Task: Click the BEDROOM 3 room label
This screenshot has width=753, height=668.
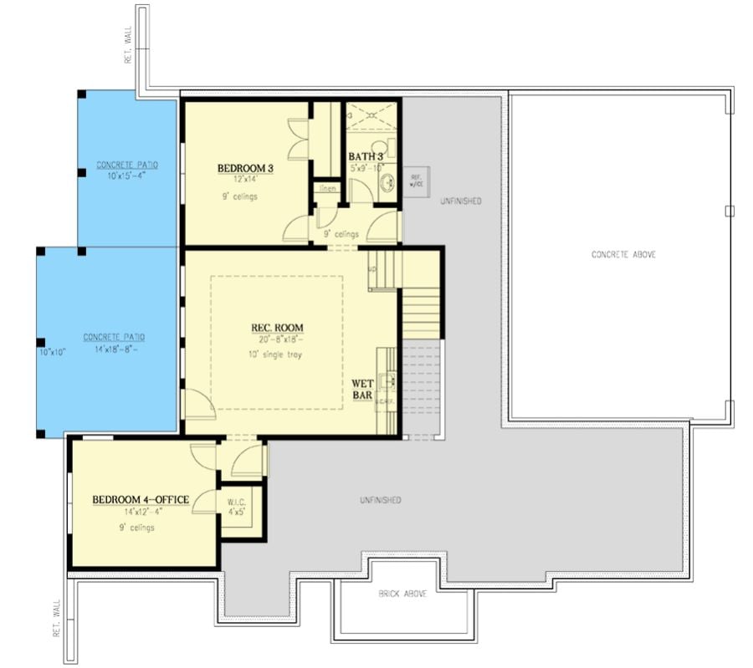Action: coord(246,168)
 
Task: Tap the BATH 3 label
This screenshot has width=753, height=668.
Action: coord(366,156)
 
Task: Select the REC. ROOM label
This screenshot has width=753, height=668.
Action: coord(277,327)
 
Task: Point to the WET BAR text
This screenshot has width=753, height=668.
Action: coord(361,390)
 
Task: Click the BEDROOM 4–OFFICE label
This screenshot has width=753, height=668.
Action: coord(140,500)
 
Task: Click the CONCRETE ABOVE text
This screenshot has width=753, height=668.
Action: coord(623,254)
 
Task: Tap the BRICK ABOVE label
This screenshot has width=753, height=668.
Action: coord(402,594)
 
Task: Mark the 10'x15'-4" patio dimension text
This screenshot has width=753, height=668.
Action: coord(126,176)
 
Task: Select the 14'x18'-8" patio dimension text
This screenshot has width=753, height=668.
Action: coord(114,350)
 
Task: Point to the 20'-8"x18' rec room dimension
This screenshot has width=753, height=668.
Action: coord(277,339)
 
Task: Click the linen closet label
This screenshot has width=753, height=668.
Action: coord(326,189)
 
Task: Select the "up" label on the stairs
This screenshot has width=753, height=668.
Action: coord(372,269)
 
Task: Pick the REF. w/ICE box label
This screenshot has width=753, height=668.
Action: coord(416,181)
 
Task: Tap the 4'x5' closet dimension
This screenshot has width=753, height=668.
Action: coord(235,512)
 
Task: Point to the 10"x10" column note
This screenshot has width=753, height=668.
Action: coord(52,352)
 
